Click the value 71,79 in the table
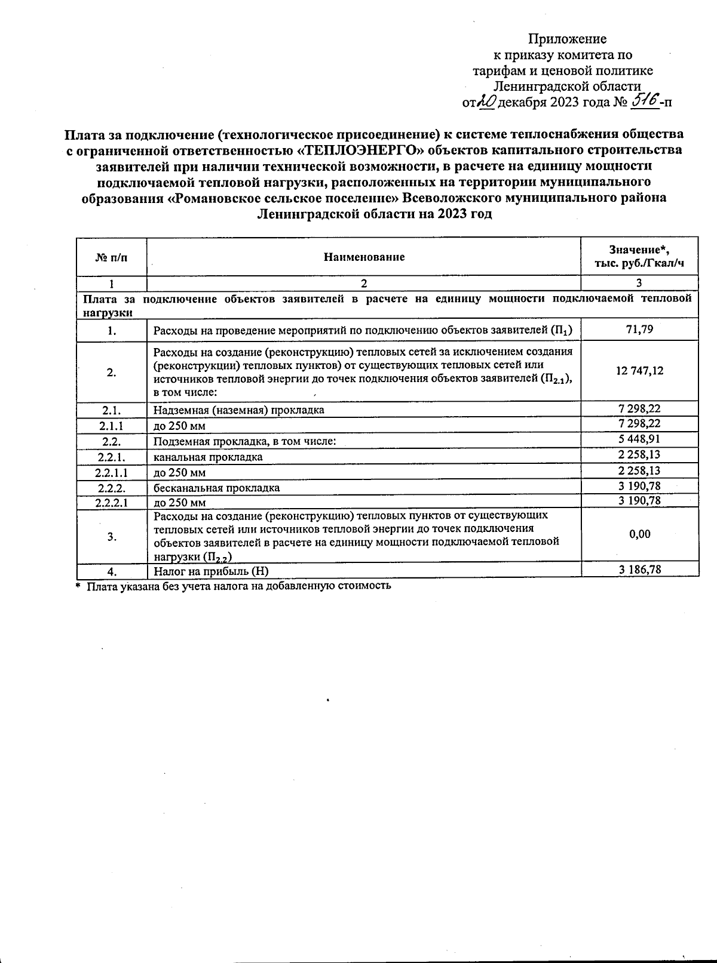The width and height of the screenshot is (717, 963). (639, 329)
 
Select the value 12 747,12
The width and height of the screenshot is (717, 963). (639, 371)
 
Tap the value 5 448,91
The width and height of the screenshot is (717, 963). (639, 439)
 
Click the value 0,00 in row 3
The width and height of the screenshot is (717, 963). (639, 534)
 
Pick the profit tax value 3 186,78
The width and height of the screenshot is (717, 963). (639, 570)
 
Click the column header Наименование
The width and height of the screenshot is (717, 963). (364, 257)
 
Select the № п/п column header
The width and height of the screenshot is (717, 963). (112, 257)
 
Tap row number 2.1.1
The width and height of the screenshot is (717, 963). (112, 426)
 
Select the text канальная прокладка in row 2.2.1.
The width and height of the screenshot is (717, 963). (208, 457)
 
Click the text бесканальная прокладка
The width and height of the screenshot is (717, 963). (216, 488)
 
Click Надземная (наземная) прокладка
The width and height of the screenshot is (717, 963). (239, 410)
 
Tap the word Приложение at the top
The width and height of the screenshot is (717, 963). (567, 39)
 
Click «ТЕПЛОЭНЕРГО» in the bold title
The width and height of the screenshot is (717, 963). (356, 149)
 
